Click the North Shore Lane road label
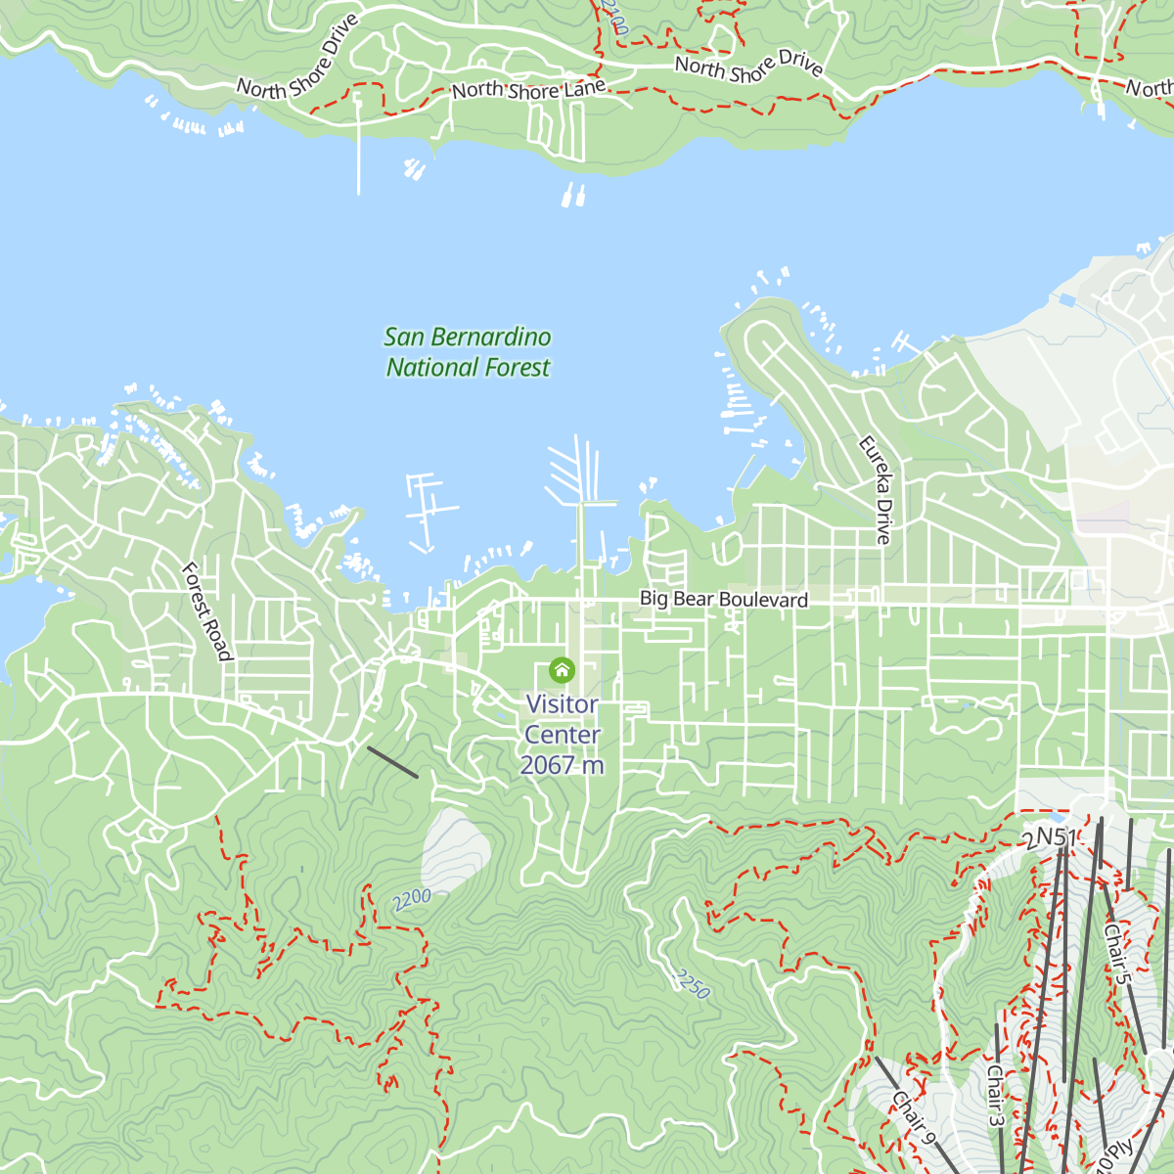click(x=528, y=90)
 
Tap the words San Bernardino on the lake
click(x=468, y=338)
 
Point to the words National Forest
click(x=468, y=368)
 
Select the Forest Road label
click(x=207, y=611)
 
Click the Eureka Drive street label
click(x=876, y=489)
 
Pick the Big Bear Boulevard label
click(x=723, y=599)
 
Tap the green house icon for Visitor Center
click(x=562, y=670)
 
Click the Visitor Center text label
click(x=562, y=719)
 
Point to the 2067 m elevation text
click(x=562, y=765)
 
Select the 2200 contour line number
click(x=412, y=900)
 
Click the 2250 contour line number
click(x=691, y=983)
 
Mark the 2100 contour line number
click(x=614, y=20)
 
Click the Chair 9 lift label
click(x=913, y=1116)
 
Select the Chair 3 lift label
click(x=994, y=1096)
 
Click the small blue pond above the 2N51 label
click(x=1055, y=815)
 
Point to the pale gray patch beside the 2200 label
click(x=455, y=851)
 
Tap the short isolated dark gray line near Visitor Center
click(x=392, y=762)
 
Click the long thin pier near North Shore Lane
click(x=358, y=147)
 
